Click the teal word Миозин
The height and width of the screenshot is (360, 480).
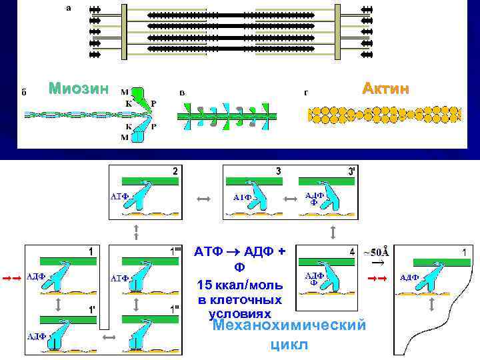79,88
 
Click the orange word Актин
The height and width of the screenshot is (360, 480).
385,88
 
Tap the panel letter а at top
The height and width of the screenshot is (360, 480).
68,9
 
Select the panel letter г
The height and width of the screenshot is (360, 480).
307,93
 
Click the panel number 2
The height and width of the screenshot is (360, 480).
175,171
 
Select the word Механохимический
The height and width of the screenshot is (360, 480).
289,325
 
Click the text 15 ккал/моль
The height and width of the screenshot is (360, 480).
240,285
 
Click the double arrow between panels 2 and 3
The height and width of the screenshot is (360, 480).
204,199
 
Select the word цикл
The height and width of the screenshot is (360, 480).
289,345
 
